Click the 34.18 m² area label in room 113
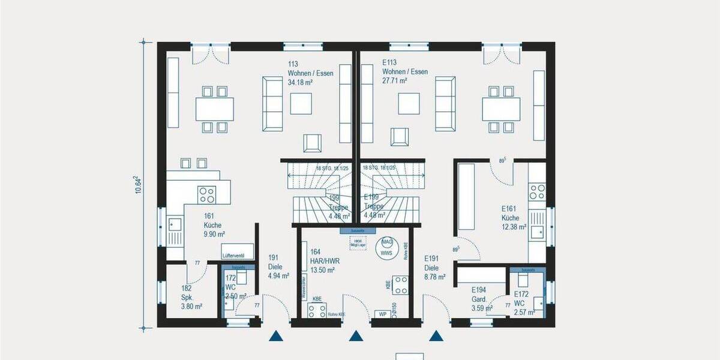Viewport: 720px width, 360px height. [301, 82]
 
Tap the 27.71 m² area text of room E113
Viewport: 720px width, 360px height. [395, 80]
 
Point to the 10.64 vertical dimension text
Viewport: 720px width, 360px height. [137, 185]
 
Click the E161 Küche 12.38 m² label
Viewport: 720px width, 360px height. [514, 218]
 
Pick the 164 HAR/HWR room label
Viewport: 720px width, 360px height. [322, 261]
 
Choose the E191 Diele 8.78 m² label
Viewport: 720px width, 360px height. [434, 268]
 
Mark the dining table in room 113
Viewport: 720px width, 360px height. [214, 109]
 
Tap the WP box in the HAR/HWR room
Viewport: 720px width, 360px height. [382, 313]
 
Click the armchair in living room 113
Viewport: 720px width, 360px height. [313, 142]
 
